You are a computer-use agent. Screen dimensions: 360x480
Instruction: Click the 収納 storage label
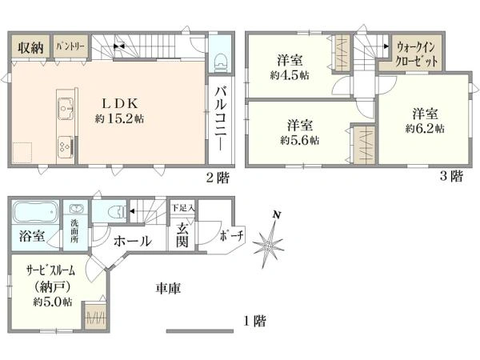point(31,47)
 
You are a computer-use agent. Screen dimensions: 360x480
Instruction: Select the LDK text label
point(119,103)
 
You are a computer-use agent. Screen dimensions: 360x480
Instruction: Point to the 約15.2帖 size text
point(119,119)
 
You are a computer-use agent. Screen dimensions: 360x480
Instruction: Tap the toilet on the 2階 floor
point(222,60)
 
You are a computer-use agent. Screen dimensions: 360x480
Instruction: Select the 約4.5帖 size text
point(290,75)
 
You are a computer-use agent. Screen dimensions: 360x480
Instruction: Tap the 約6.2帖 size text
point(424,128)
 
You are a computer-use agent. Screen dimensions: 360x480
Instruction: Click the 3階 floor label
point(450,178)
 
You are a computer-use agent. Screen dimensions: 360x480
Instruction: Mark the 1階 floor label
point(254,322)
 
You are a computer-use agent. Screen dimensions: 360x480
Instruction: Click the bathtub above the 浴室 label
point(33,213)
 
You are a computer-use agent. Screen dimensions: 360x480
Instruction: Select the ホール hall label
point(133,240)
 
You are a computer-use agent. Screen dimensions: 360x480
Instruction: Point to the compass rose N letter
point(276,214)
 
